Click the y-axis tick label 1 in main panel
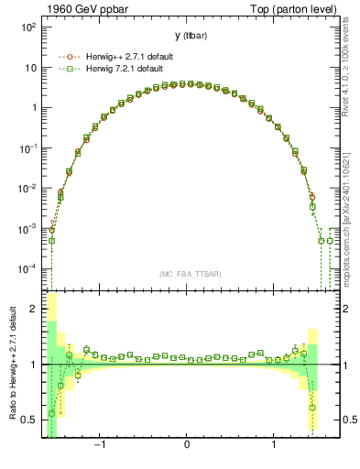32,108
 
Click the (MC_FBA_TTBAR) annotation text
187,274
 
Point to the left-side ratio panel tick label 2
33,309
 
